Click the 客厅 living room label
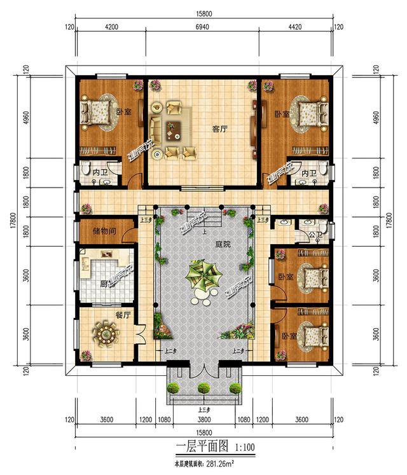(219, 128)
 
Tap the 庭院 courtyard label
(223, 244)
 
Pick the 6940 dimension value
(203, 27)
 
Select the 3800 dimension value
(203, 420)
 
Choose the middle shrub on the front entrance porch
(203, 387)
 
